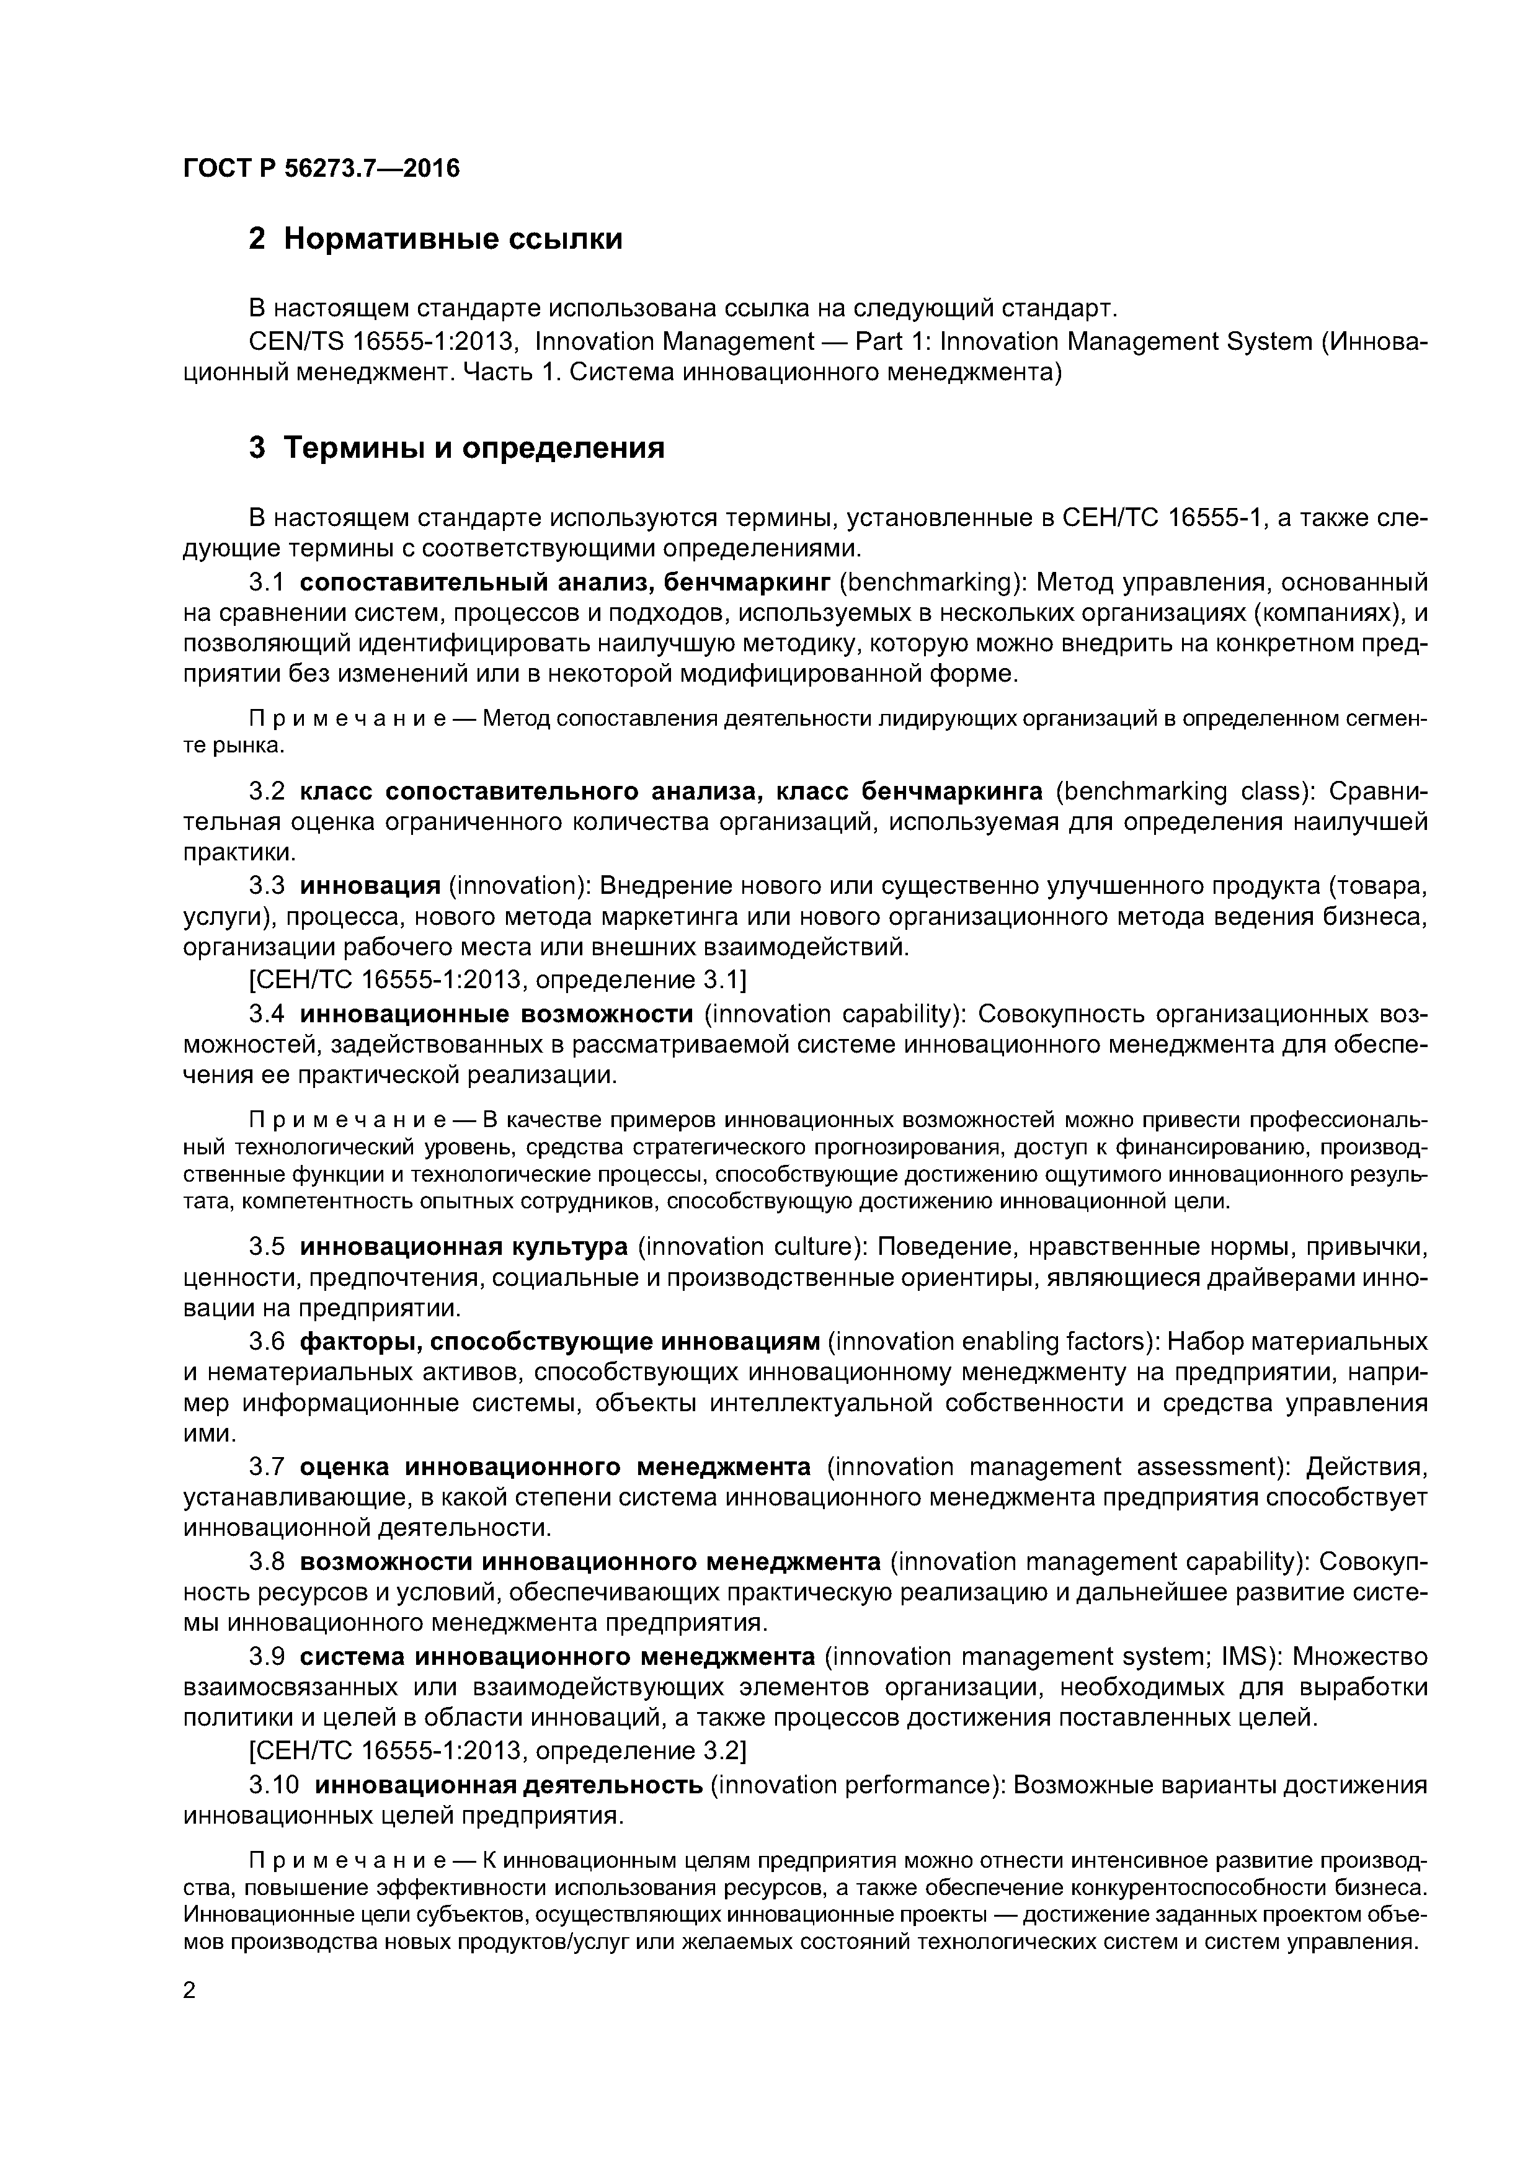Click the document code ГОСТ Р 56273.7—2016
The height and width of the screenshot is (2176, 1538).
point(320,169)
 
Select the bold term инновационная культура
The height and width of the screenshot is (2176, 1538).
point(463,1246)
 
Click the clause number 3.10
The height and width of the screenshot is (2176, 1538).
point(274,1785)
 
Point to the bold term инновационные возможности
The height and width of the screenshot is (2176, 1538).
point(497,1014)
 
